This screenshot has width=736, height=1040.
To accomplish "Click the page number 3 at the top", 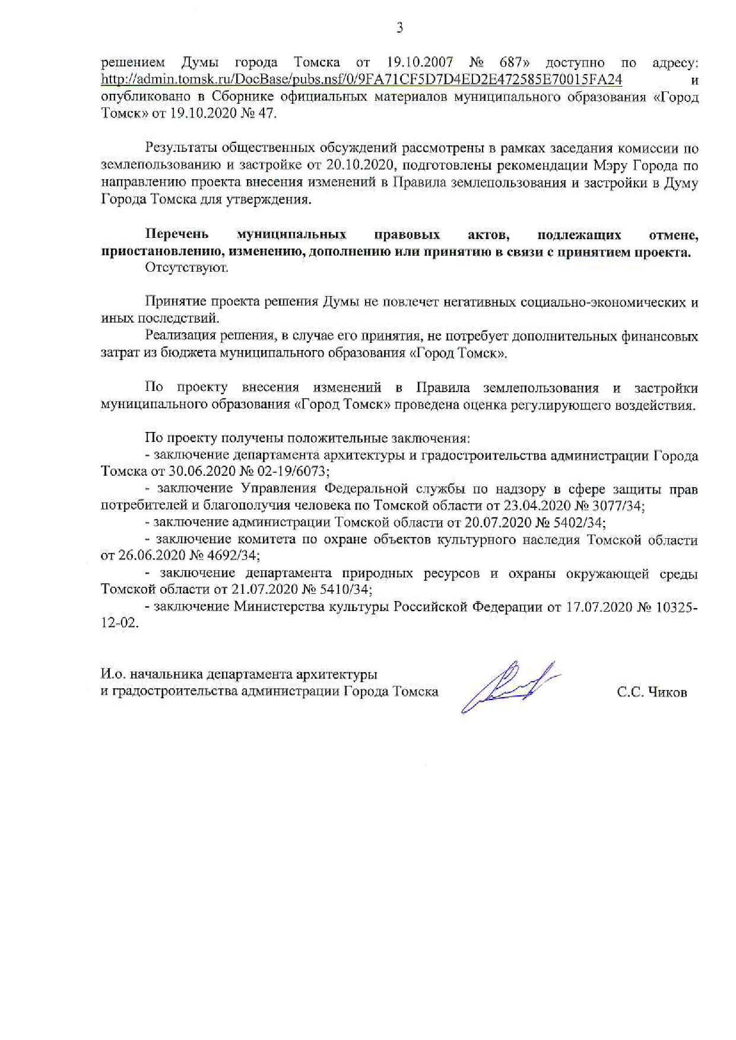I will pyautogui.click(x=399, y=27).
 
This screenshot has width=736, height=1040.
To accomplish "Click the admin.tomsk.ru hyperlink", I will pyautogui.click(x=361, y=79).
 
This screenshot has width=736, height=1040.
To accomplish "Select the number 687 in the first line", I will pyautogui.click(x=510, y=62).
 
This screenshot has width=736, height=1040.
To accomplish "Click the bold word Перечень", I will pyautogui.click(x=177, y=235).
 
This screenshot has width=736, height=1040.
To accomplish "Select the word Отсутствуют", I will pyautogui.click(x=186, y=268).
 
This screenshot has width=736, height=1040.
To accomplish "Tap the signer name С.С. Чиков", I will pyautogui.click(x=652, y=692).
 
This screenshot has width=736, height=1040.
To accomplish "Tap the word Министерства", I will pyautogui.click(x=276, y=607).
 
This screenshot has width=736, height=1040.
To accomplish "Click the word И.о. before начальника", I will pyautogui.click(x=113, y=675).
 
